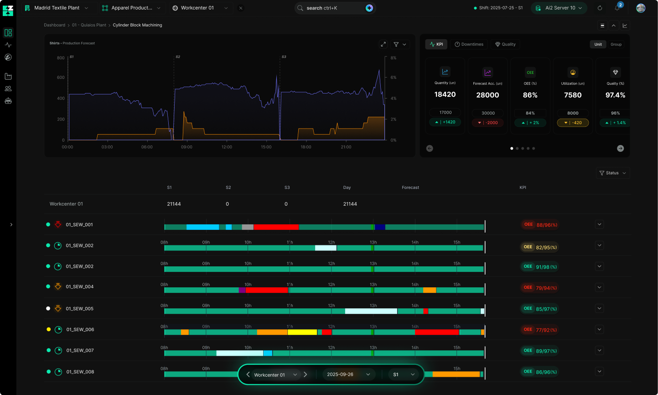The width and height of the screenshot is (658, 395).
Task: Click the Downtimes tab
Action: pos(469,44)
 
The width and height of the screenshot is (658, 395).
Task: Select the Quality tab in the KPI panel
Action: pos(505,44)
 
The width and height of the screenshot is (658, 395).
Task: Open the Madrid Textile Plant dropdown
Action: pos(57,8)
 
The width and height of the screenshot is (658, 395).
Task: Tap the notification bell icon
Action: pos(617,8)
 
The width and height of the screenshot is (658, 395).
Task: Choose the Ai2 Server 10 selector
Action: pos(560,8)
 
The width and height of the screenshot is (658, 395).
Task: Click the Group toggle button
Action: pos(616,44)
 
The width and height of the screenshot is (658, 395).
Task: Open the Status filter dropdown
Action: pos(612,173)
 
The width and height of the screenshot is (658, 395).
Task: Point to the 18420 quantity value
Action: pos(445,94)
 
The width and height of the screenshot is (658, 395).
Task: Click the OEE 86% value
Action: pos(530,95)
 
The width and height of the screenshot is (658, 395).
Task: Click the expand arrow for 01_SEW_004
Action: pos(599,287)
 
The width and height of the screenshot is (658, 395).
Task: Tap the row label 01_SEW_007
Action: pos(80,350)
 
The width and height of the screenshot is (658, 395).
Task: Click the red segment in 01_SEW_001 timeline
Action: pos(276,227)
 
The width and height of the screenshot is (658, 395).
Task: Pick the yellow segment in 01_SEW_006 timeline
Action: pos(302,332)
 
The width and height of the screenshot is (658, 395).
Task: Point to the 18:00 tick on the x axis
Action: pos(306,147)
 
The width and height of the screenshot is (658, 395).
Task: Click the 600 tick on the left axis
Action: pos(61,78)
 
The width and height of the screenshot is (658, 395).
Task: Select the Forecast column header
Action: pos(410,187)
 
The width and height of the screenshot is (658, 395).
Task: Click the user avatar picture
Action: pos(641,8)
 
